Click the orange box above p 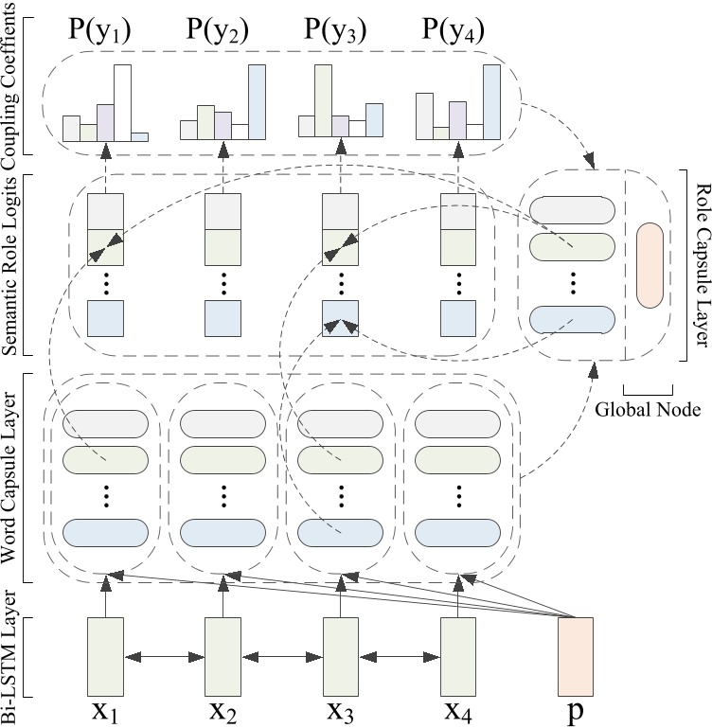(575, 656)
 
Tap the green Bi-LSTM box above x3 (340, 656)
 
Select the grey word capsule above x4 (458, 421)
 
